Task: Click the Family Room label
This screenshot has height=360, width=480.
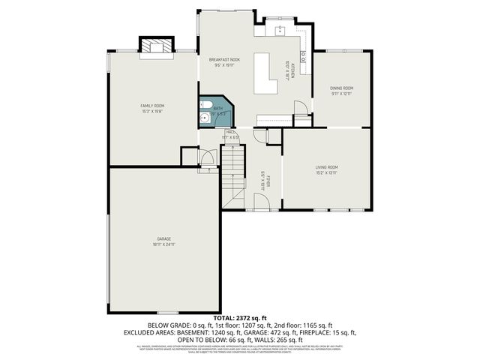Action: pos(152,106)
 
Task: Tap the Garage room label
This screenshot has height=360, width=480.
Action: pos(164,238)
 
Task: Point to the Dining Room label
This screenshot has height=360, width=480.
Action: pos(341,88)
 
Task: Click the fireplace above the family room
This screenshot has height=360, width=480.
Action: pos(156,45)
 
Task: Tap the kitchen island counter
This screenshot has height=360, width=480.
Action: pos(264,73)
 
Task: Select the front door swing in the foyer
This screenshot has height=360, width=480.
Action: pos(261,201)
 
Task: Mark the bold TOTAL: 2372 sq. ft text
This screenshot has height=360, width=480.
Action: pos(240,319)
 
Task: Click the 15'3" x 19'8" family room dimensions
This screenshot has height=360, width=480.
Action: pos(152,111)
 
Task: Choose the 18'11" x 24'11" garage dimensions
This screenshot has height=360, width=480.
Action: pos(164,244)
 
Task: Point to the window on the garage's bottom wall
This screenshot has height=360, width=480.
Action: pos(167,313)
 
